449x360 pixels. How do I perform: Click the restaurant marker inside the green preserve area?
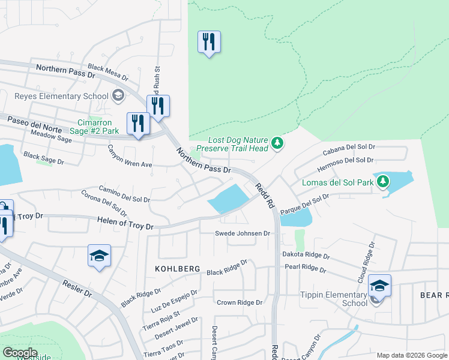coord(209,43)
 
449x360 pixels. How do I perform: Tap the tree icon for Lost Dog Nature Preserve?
coord(277,143)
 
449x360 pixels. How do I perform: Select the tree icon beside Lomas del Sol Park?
coord(382,181)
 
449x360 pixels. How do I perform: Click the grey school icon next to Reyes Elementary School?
coord(118,96)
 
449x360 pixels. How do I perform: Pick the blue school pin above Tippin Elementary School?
coord(379,286)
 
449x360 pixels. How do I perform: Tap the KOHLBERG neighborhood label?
coord(177,269)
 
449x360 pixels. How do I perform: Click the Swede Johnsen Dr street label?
coord(243,233)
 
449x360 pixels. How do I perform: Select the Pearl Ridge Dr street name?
coord(306,268)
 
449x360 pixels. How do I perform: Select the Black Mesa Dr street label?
coord(108,73)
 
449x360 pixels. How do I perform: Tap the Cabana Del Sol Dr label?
coord(348,148)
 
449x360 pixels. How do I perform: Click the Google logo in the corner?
coord(20,353)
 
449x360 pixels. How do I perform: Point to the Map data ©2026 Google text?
coord(411,355)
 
